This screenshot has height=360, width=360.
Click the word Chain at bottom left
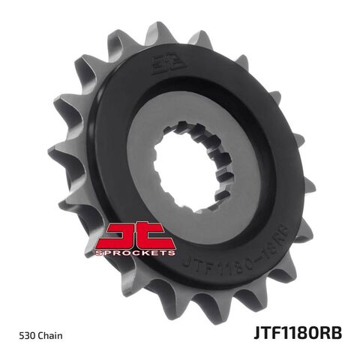pyautogui.click(x=52, y=334)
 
